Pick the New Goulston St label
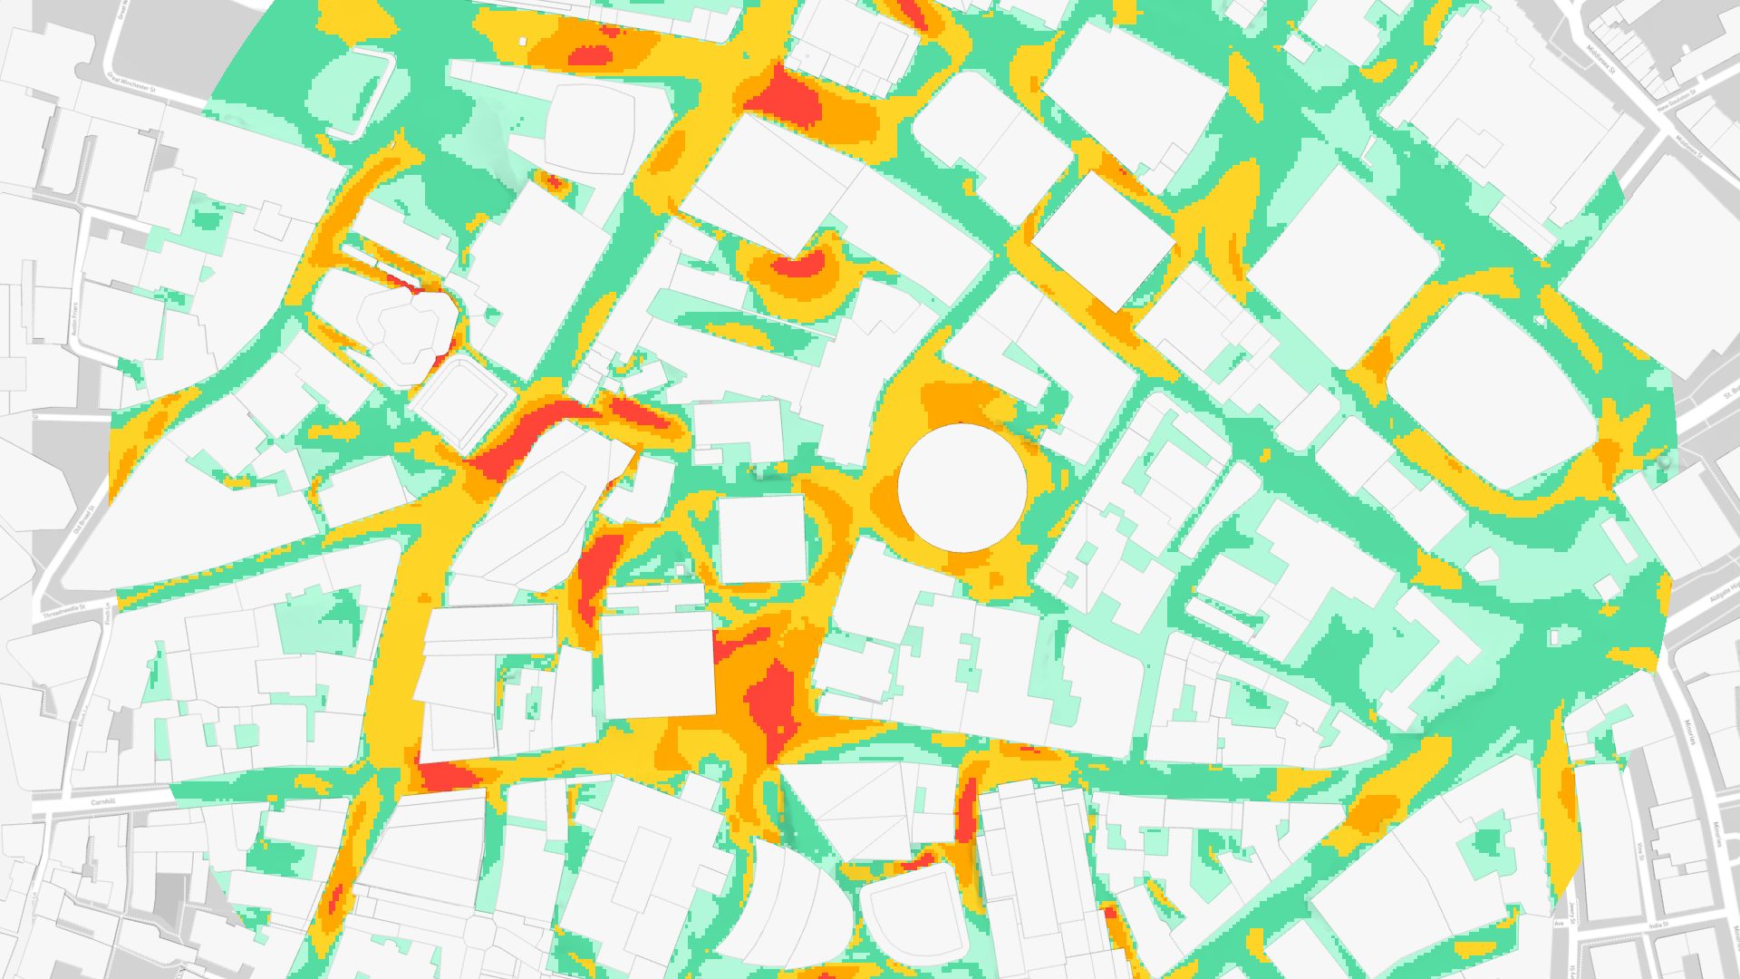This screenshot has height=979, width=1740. tap(1676, 101)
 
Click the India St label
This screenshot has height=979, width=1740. tap(1658, 926)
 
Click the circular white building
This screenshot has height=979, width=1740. tap(962, 488)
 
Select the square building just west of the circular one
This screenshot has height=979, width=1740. tap(761, 538)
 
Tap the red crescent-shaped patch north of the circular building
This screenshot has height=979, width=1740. tap(797, 266)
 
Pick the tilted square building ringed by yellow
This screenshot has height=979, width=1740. tap(1103, 240)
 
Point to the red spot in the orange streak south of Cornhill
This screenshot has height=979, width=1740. tap(336, 897)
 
